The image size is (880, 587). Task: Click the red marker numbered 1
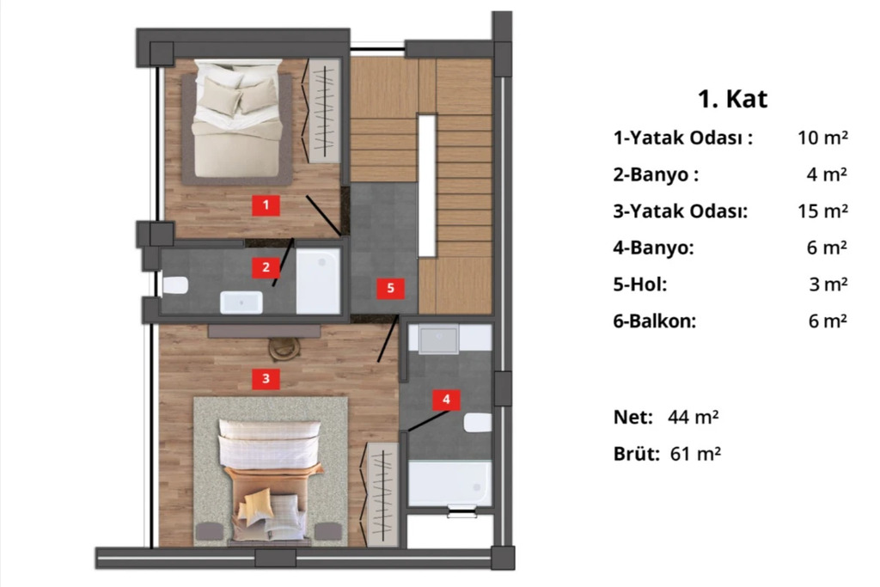click(x=266, y=205)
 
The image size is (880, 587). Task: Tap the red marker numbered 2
click(x=266, y=267)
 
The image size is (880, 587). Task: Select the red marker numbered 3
click(x=266, y=379)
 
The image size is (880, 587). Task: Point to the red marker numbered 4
click(x=446, y=400)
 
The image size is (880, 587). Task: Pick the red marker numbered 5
click(x=391, y=289)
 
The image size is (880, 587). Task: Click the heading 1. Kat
click(x=732, y=99)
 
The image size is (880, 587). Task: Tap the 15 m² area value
click(x=822, y=211)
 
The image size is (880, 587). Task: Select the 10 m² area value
click(x=822, y=138)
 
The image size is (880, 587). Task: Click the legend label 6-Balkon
click(x=654, y=321)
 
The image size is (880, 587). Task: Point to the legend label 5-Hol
click(x=639, y=284)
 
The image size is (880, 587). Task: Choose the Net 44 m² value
click(x=694, y=417)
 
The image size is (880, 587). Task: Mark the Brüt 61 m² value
click(x=695, y=454)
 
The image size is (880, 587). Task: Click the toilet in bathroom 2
click(x=175, y=285)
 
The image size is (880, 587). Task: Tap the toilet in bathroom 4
click(x=478, y=423)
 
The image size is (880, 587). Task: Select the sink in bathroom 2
click(x=241, y=303)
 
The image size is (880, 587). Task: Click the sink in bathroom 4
click(x=439, y=339)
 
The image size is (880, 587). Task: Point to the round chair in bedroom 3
click(x=284, y=349)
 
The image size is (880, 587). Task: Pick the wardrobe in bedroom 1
click(x=325, y=112)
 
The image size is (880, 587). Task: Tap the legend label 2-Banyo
click(x=656, y=174)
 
